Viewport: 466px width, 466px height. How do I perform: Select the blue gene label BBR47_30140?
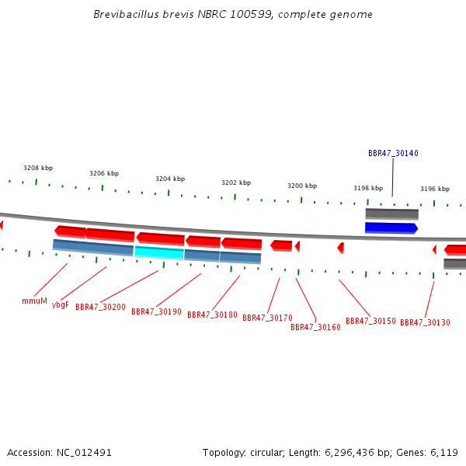[x=393, y=154]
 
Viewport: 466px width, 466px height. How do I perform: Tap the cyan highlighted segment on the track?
[x=159, y=252]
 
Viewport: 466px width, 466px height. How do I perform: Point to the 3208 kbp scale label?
[x=38, y=168]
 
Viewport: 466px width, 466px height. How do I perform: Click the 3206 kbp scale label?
[x=104, y=174]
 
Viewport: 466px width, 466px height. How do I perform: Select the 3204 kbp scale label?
[x=170, y=179]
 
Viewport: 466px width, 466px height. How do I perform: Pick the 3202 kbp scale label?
[x=236, y=183]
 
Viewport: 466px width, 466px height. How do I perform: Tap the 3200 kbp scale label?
[x=302, y=186]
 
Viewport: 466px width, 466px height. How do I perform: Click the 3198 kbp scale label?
[x=368, y=188]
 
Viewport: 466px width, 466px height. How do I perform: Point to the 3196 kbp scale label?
[x=435, y=189]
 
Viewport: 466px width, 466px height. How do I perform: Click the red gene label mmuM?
[x=34, y=301]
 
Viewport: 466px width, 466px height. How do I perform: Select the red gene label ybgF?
[x=61, y=304]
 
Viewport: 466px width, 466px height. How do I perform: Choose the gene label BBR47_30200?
[x=100, y=308]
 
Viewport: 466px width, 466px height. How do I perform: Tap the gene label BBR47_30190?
[x=156, y=311]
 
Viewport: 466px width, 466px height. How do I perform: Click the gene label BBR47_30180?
[x=212, y=315]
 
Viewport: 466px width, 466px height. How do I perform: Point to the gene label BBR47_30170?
[x=267, y=318]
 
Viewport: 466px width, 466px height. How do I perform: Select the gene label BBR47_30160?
[x=315, y=327]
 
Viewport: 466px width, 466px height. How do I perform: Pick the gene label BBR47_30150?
[x=370, y=321]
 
